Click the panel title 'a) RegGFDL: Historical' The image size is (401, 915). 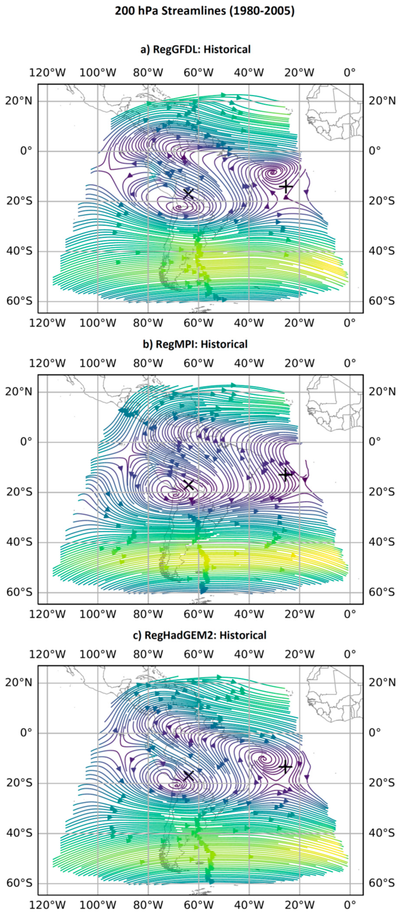pyautogui.click(x=195, y=49)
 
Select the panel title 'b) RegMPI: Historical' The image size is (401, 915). pyautogui.click(x=195, y=344)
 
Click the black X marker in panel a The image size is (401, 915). pyautogui.click(x=188, y=194)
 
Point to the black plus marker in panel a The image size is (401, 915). pyautogui.click(x=286, y=186)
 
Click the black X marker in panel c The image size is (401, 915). pyautogui.click(x=188, y=776)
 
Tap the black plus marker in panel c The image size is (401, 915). pyautogui.click(x=285, y=767)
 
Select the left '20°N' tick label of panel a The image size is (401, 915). pyautogui.click(x=18, y=101)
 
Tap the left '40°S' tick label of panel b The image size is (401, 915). pyautogui.click(x=18, y=542)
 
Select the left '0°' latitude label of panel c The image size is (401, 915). pyautogui.click(x=26, y=733)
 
